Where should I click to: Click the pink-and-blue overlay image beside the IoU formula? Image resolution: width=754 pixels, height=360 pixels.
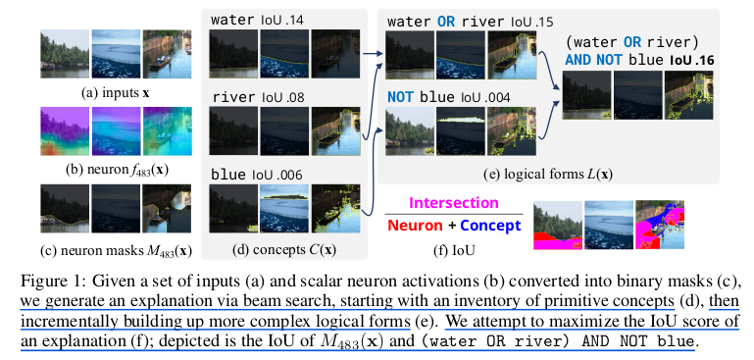663,225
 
